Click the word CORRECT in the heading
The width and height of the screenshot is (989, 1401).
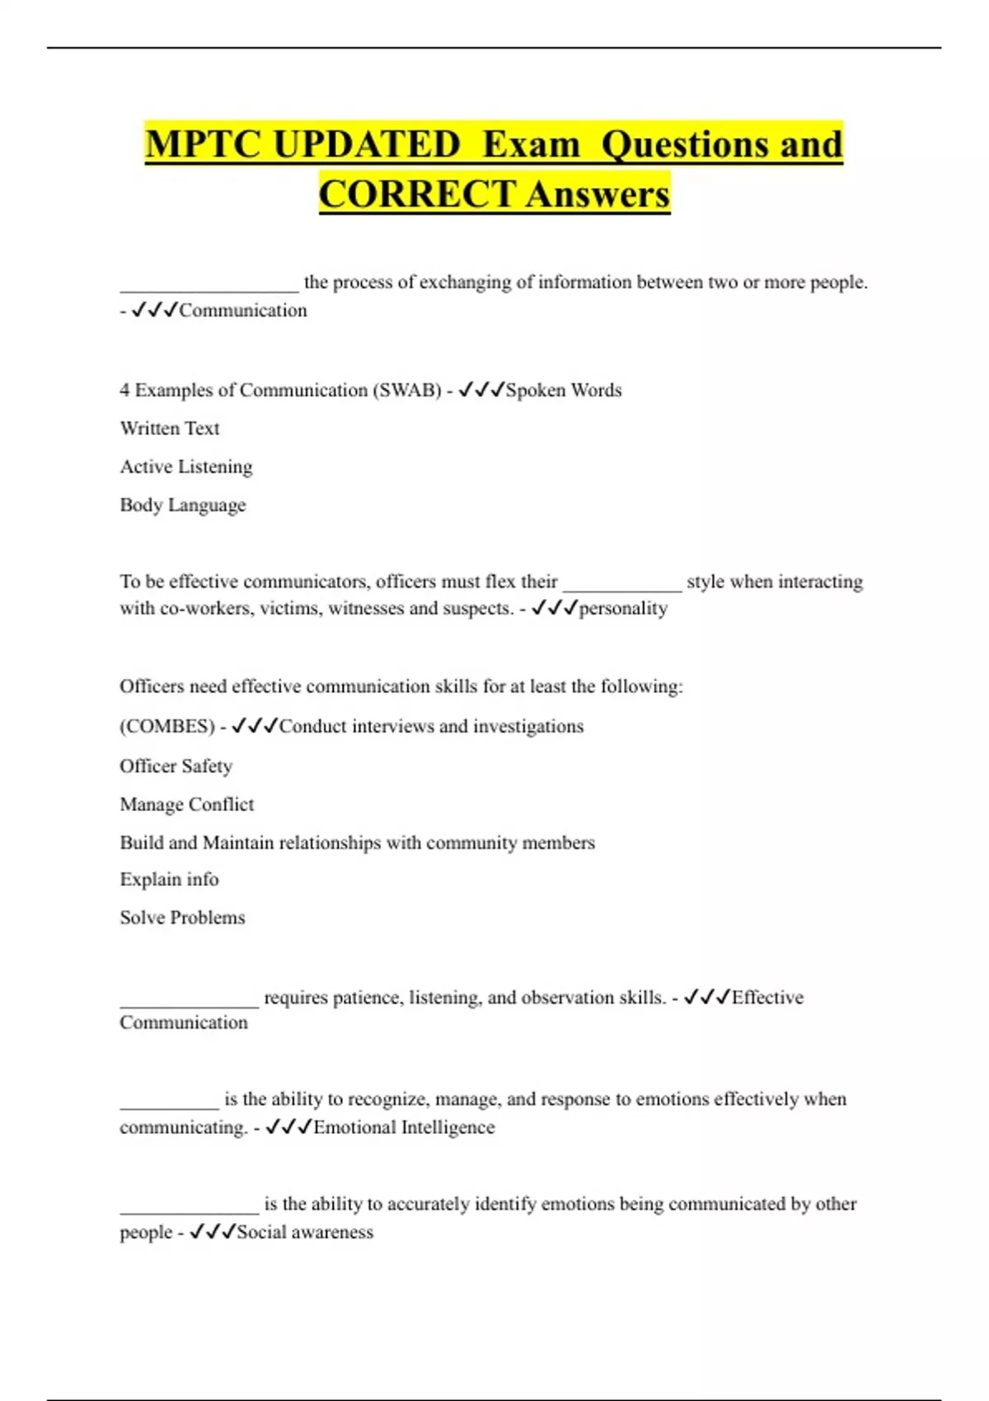(x=417, y=194)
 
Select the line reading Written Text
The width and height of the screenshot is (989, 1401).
(x=170, y=429)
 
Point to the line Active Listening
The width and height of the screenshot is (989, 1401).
(x=186, y=466)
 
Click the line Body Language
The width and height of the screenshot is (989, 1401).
(x=183, y=505)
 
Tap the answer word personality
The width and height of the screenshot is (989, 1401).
(x=623, y=609)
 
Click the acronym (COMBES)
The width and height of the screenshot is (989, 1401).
(x=167, y=726)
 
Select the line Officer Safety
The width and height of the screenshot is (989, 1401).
(x=176, y=766)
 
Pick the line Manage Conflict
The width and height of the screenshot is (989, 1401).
(x=187, y=804)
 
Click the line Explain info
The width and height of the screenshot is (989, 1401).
(x=170, y=879)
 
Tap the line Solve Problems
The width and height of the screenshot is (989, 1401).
(x=182, y=917)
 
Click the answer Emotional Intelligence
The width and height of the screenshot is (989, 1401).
(x=404, y=1127)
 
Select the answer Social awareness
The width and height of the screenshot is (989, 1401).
(x=305, y=1232)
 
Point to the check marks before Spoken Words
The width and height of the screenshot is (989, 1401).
(x=480, y=390)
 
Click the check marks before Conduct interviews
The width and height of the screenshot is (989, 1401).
(x=255, y=726)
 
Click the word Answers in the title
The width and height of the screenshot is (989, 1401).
(x=598, y=194)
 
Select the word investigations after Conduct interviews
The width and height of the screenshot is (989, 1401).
(x=528, y=726)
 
